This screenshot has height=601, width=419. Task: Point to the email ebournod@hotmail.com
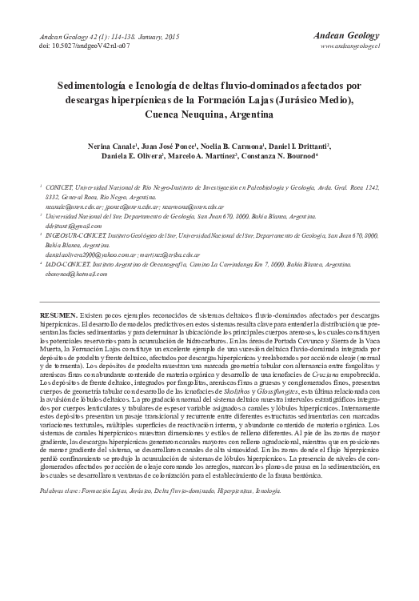coord(81,274)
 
